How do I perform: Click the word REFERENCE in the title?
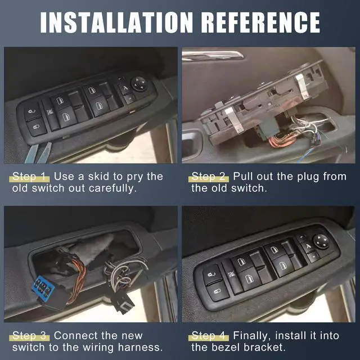coord(260,21)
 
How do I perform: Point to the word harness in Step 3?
coord(142,348)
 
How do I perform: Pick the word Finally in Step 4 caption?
coord(251,336)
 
